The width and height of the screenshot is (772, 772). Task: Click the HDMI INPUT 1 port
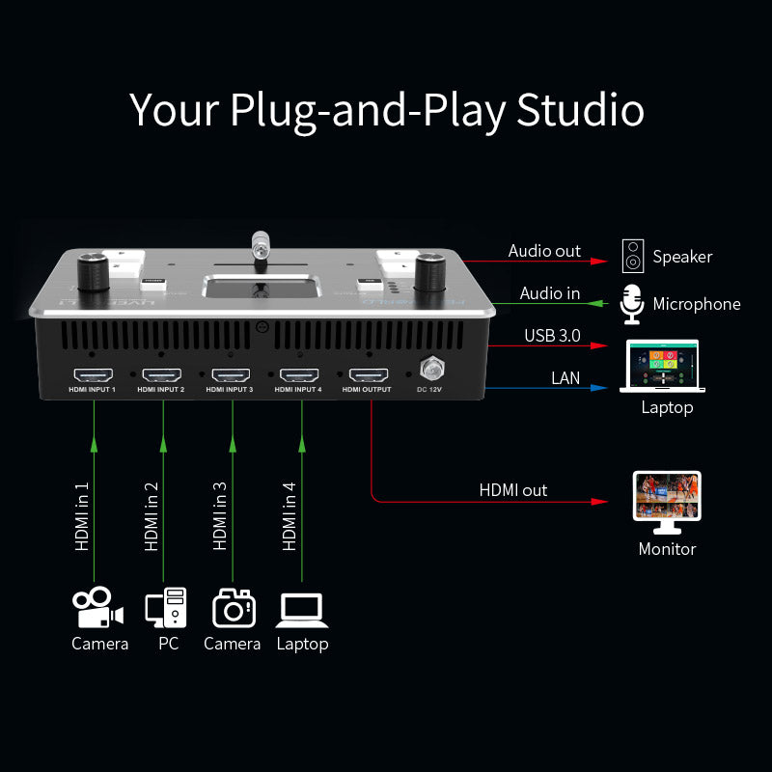pyautogui.click(x=94, y=374)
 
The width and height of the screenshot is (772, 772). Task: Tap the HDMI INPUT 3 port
pyautogui.click(x=232, y=374)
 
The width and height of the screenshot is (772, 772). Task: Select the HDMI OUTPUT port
pyautogui.click(x=369, y=374)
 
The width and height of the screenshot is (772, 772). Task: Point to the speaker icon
pyautogui.click(x=632, y=256)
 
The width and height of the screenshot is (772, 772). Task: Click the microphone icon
pyautogui.click(x=632, y=304)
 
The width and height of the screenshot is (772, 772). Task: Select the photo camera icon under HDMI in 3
pyautogui.click(x=233, y=608)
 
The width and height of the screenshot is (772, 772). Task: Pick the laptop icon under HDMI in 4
pyautogui.click(x=301, y=609)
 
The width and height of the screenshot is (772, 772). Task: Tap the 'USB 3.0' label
pyautogui.click(x=553, y=335)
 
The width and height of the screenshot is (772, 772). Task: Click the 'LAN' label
pyautogui.click(x=565, y=377)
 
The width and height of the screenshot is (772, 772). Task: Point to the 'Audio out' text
pyautogui.click(x=544, y=251)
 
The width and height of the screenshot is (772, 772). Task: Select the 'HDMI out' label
pyautogui.click(x=513, y=490)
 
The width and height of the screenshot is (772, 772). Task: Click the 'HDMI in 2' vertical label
pyautogui.click(x=152, y=515)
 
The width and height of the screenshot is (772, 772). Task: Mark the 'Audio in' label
pyautogui.click(x=550, y=293)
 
